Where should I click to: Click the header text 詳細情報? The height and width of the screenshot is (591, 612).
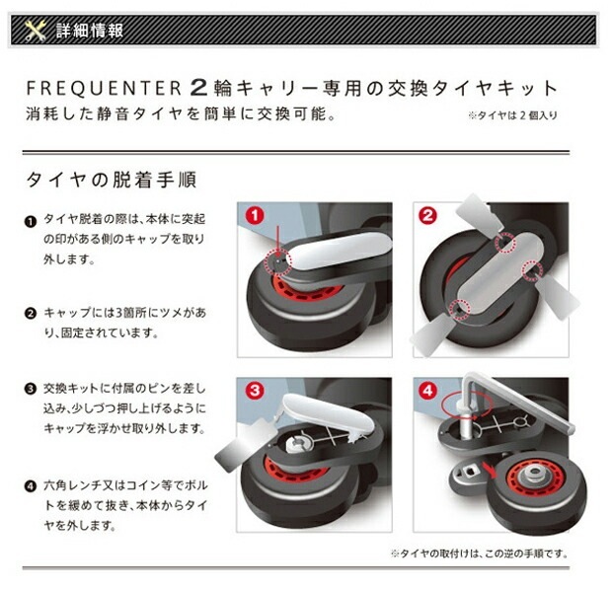pyautogui.click(x=89, y=31)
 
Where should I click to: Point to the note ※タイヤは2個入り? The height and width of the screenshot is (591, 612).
pyautogui.click(x=512, y=115)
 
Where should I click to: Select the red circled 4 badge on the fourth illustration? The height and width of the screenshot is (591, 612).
pyautogui.click(x=427, y=391)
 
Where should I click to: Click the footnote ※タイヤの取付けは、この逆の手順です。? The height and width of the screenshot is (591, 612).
pyautogui.click(x=479, y=553)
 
